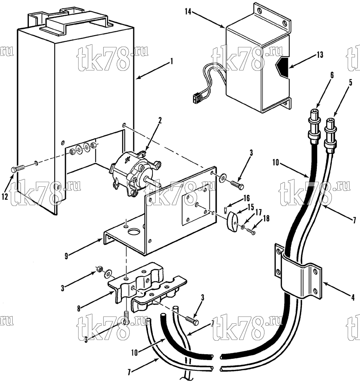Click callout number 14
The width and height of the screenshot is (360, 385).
pos(188,12)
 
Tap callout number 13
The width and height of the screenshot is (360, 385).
pos(320,55)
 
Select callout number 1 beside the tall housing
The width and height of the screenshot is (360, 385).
pos(172,61)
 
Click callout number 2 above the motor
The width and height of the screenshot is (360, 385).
pos(160,121)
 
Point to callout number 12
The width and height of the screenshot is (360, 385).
pos(5,196)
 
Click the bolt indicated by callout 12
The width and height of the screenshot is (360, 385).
pos(17,169)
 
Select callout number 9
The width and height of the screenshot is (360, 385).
pos(66,256)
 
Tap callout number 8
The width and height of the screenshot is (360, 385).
pos(79,309)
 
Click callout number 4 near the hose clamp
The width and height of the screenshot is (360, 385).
pos(353,298)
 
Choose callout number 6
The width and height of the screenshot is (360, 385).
pos(332,75)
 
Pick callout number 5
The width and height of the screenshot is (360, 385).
pos(350,83)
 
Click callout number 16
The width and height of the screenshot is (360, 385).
pos(246,198)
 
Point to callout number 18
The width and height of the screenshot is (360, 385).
pos(266,218)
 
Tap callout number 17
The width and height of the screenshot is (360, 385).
pos(258,212)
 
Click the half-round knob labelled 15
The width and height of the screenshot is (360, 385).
pos(232,222)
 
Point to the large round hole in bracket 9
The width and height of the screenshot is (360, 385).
pos(134,232)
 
